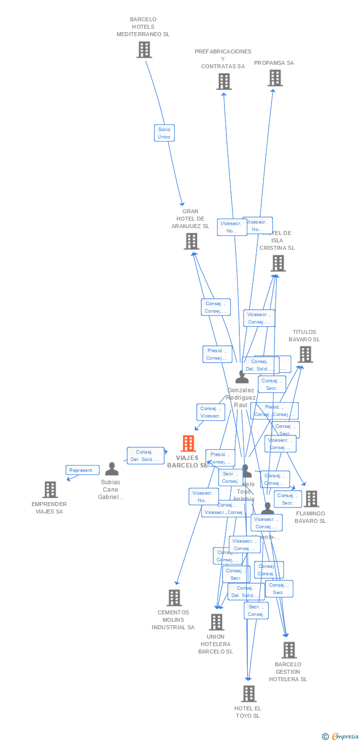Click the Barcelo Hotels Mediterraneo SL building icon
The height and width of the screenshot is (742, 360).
tap(144, 49)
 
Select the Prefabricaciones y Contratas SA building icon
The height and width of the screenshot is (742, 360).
tap(224, 82)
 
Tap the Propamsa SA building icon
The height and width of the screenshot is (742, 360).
tap(275, 78)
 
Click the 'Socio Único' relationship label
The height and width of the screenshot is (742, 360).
tap(164, 133)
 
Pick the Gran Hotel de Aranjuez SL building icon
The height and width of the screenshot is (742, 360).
tap(191, 241)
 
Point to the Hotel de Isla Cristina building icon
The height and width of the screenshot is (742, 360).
tap(278, 263)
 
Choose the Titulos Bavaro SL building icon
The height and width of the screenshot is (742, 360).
tap(306, 354)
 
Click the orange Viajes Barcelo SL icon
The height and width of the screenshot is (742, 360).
tap(188, 443)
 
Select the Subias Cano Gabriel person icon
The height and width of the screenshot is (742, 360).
tap(112, 469)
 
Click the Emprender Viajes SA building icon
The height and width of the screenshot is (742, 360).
tap(50, 489)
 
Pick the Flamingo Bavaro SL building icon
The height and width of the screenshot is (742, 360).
tap(311, 499)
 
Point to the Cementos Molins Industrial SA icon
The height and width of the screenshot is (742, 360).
tap(174, 598)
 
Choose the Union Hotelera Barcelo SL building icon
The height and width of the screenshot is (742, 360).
tap(216, 622)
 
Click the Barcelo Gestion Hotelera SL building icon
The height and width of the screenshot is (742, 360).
tap(289, 650)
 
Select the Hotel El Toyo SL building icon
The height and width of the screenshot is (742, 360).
tap(249, 694)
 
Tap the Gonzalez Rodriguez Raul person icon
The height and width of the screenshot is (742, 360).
tap(242, 377)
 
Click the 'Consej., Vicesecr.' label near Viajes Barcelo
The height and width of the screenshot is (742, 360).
tap(211, 412)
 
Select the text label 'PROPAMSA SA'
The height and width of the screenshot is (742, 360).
tap(274, 63)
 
